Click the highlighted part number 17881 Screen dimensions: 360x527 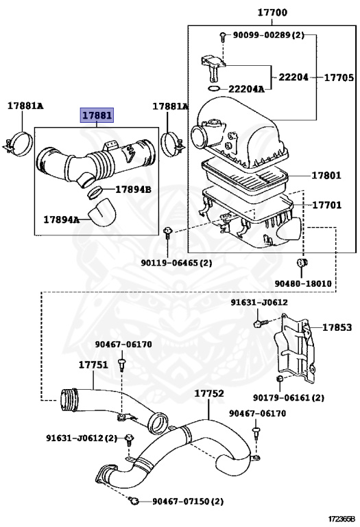pos(97,115)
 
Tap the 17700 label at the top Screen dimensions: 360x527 pos(272,13)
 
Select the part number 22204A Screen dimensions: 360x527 pos(246,89)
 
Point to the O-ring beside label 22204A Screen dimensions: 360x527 pos(213,89)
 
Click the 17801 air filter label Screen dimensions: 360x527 pos(326,175)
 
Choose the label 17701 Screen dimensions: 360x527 pos(327,204)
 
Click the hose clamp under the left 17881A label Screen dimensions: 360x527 pos(19,144)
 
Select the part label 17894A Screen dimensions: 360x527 pos(62,220)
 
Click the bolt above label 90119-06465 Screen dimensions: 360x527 pos(167,233)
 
